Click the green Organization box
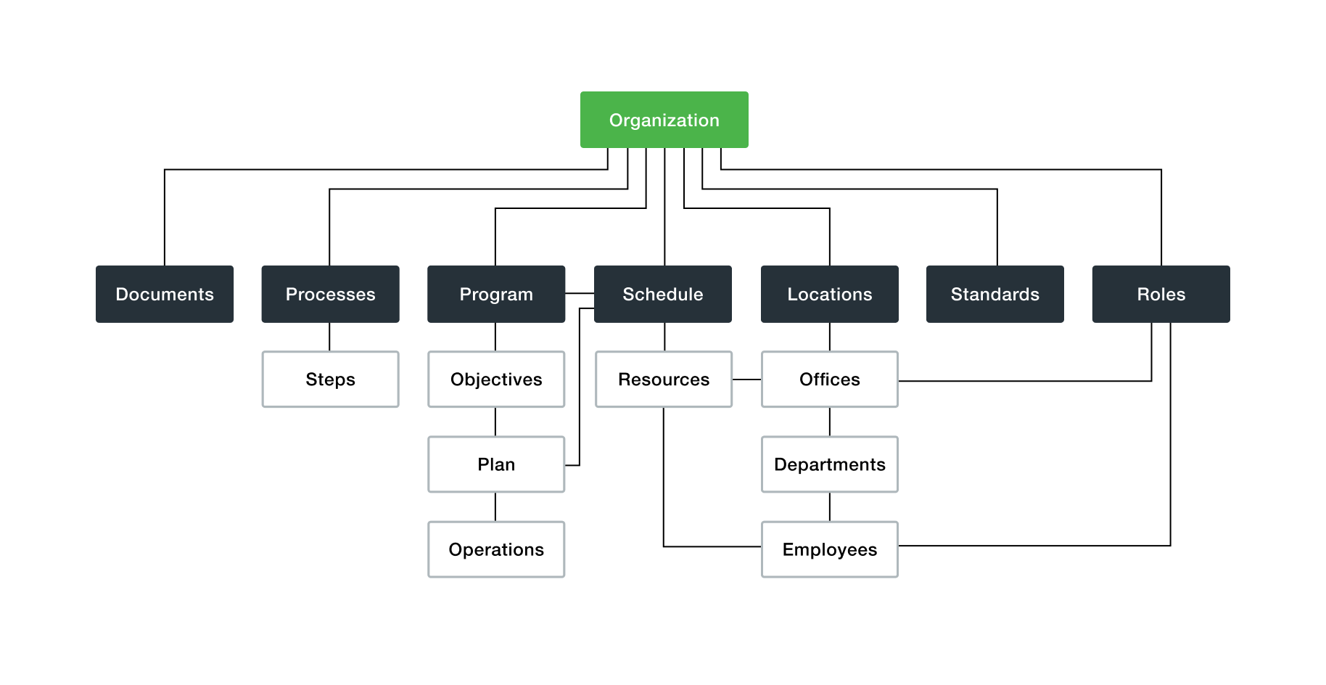pyautogui.click(x=664, y=120)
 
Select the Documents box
pyautogui.click(x=165, y=294)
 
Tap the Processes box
pyautogui.click(x=330, y=294)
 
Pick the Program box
pyautogui.click(x=496, y=294)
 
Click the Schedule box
pyautogui.click(x=662, y=294)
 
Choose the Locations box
pyautogui.click(x=829, y=294)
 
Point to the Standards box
pyautogui.click(x=994, y=294)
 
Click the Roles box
pyautogui.click(x=1161, y=294)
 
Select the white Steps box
pyautogui.click(x=330, y=380)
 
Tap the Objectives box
pyautogui.click(x=496, y=380)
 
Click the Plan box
pyautogui.click(x=496, y=464)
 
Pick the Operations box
pyautogui.click(x=496, y=549)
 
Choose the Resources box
pyautogui.click(x=664, y=380)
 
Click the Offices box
pyautogui.click(x=829, y=380)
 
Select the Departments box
pyautogui.click(x=829, y=464)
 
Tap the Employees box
pyautogui.click(x=829, y=549)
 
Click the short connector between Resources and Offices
pyautogui.click(x=746, y=380)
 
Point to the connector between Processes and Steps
pyautogui.click(x=329, y=337)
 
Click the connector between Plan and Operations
pyautogui.click(x=495, y=506)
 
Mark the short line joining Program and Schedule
pyautogui.click(x=580, y=293)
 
